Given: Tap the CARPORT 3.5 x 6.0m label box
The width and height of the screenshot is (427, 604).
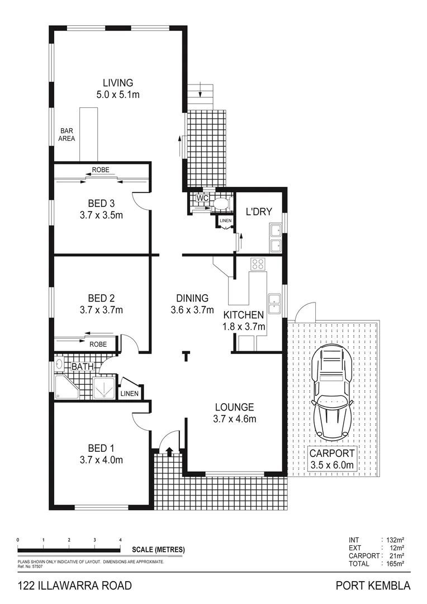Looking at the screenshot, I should click(332, 459).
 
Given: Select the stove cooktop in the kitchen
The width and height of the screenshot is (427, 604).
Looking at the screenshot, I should click(258, 264).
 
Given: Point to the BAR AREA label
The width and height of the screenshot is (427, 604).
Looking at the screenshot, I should click(68, 135).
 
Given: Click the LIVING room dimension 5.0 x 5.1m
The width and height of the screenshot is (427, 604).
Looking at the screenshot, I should click(117, 95).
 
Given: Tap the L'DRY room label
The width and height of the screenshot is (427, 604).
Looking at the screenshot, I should click(259, 211).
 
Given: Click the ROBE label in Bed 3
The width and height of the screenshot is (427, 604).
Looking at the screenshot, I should click(101, 169).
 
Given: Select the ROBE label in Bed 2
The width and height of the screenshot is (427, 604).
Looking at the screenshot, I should click(98, 345).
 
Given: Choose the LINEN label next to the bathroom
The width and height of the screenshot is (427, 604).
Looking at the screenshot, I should click(130, 394).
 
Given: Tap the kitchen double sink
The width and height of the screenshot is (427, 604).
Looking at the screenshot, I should click(274, 303).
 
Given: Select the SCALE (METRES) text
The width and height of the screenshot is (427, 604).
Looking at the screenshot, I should click(158, 549).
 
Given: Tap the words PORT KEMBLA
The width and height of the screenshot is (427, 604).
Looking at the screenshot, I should click(373, 586).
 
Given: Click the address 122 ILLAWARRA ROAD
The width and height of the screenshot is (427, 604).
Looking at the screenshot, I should click(75, 586).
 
